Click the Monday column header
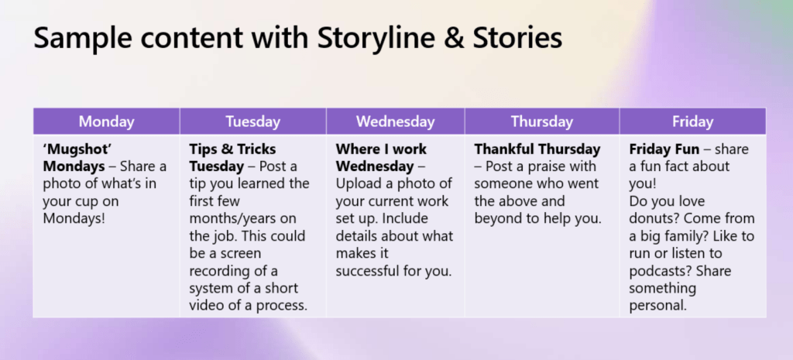107,122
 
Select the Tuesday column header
252,122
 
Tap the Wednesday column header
395,122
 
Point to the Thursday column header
541,122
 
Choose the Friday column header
692,122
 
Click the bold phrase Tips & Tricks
232,149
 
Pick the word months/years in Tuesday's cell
242,220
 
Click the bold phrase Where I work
381,149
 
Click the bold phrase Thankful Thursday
537,149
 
